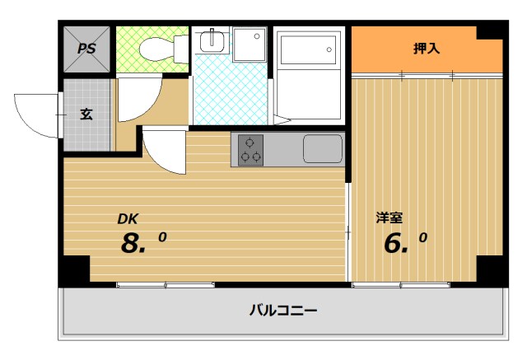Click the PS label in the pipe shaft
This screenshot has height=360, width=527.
coord(86,49)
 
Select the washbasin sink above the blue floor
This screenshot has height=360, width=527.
coord(212,40)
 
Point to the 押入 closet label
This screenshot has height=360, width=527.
coord(427,49)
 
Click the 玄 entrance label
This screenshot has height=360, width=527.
coord(86,115)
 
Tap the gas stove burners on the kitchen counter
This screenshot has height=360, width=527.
coord(250,149)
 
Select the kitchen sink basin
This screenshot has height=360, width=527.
coord(323,149)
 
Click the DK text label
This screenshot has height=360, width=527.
coord(127,219)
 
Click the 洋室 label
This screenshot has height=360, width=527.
coord(389,218)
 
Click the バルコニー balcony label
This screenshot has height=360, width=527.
coord(283,311)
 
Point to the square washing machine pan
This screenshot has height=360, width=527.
coord(249,43)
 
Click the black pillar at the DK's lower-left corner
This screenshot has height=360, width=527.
coord(76,269)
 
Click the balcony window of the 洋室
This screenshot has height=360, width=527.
coord(401,285)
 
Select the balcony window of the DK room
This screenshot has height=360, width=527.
coord(166,285)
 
